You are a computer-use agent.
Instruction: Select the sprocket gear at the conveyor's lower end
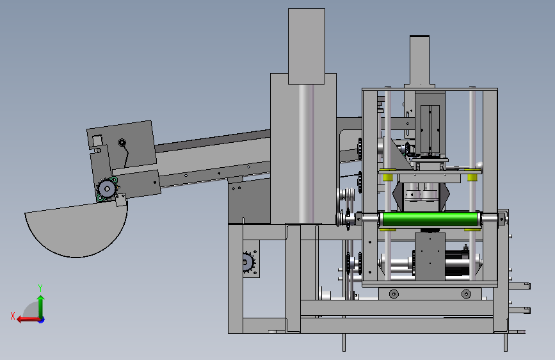(106, 189)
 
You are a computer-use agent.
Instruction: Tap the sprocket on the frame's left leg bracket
(249, 262)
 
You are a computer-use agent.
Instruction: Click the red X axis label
(13, 316)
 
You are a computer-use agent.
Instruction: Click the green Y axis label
(40, 288)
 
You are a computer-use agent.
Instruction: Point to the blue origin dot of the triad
(42, 320)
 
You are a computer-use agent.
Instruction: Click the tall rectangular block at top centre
(307, 46)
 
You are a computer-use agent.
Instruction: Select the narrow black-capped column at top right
(419, 60)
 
